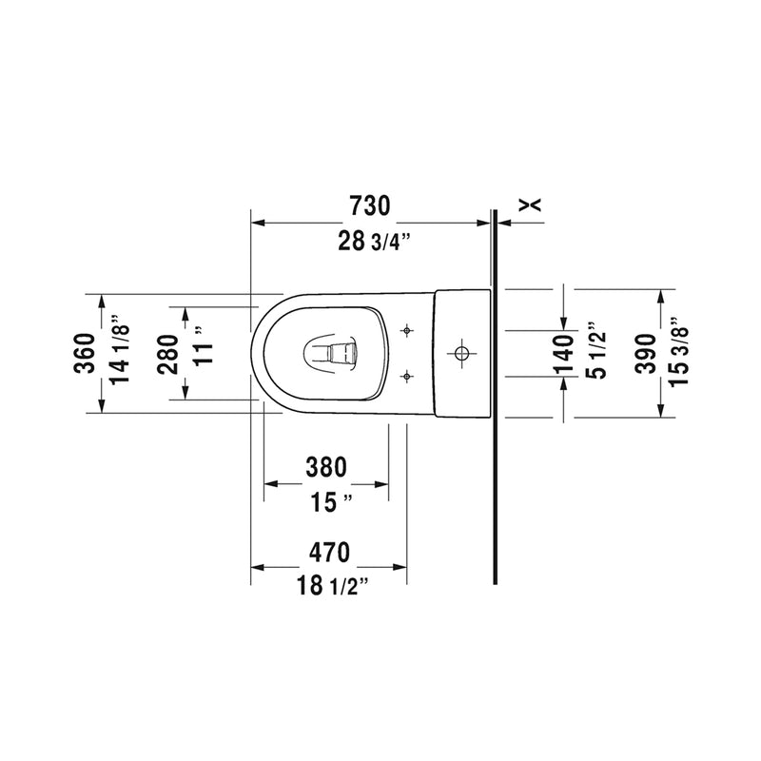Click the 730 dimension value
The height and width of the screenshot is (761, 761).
369,205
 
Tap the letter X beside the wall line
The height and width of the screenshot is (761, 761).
530,205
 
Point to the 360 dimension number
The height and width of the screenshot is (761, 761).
85,353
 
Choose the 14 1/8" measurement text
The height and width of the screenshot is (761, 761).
120,349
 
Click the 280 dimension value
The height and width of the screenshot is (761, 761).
168,354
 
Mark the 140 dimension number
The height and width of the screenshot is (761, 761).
565,355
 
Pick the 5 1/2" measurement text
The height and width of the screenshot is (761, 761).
597,349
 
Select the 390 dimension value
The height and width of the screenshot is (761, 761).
646,354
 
